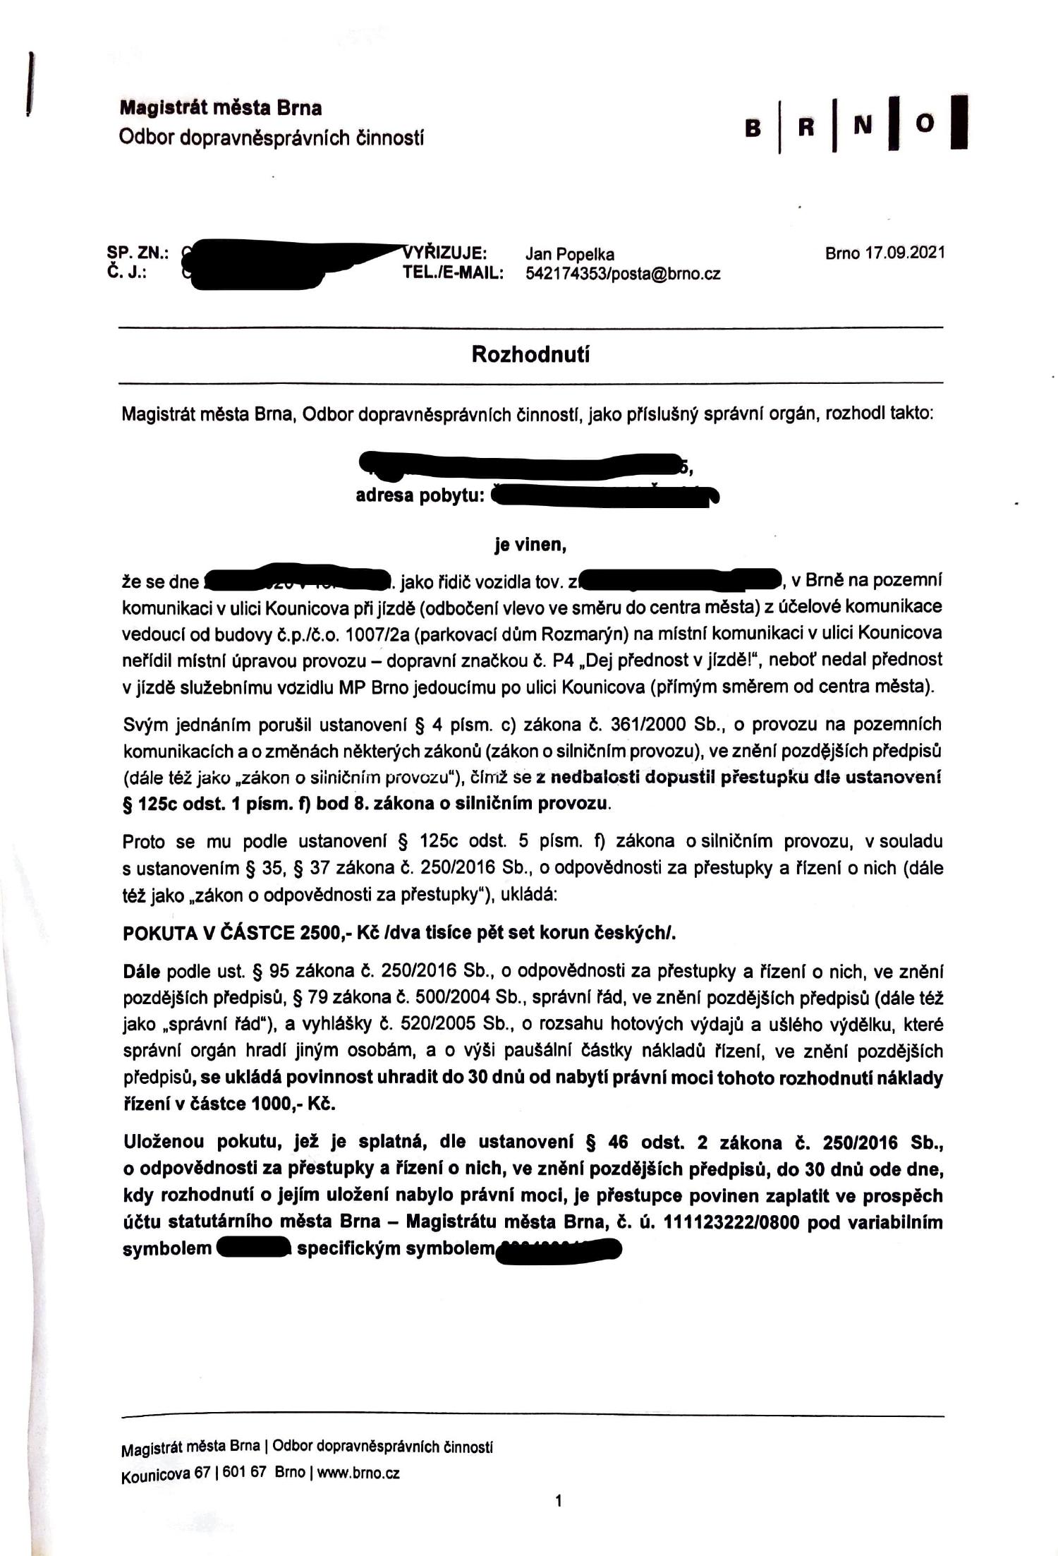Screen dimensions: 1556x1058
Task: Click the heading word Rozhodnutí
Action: point(530,354)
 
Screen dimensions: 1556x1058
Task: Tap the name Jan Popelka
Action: point(569,254)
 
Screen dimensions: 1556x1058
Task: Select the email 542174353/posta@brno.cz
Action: point(623,274)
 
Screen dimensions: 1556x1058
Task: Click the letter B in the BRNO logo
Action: point(753,128)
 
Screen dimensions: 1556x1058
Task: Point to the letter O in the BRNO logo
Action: point(925,123)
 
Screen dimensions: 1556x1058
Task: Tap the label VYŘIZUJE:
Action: point(446,253)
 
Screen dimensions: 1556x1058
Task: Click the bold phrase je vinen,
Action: point(530,545)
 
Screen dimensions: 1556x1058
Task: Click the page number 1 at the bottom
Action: point(559,1501)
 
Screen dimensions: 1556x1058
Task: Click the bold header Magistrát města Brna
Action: point(221,108)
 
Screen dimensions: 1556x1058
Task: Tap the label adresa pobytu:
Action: point(420,495)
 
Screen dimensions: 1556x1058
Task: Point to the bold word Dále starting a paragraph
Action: point(142,972)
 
